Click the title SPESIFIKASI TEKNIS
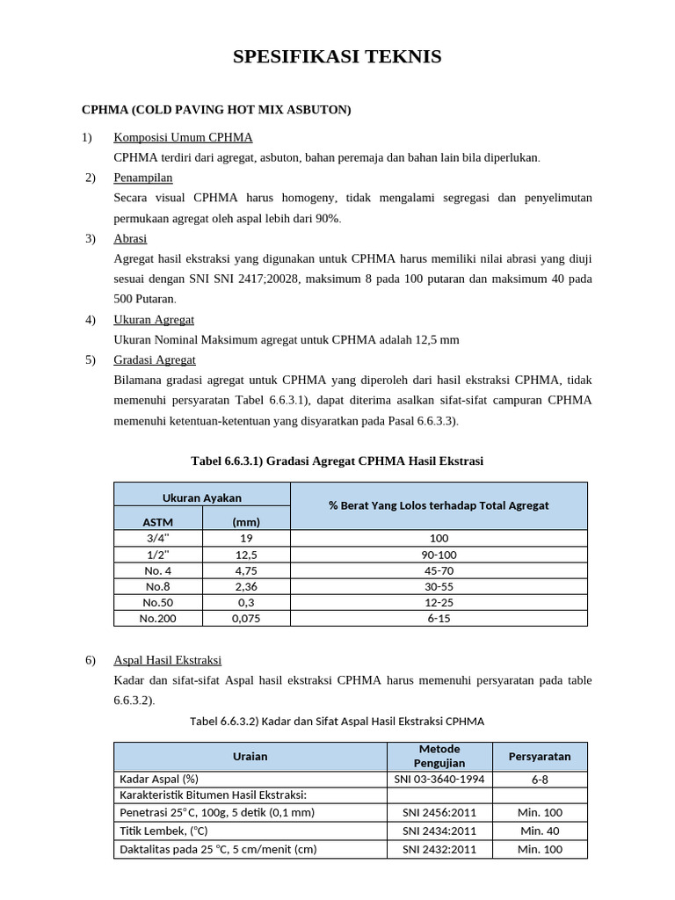(337, 58)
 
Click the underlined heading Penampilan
(142, 178)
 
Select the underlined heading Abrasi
(130, 238)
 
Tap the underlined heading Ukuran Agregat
(154, 319)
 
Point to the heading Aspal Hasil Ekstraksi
(167, 660)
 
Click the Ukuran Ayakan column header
(202, 497)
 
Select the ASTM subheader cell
(157, 521)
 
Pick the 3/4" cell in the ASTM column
(158, 538)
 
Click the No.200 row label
(158, 618)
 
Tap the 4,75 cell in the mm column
(246, 570)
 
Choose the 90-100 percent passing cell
(439, 555)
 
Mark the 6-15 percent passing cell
(439, 618)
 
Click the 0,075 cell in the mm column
(246, 618)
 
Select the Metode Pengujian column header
(439, 756)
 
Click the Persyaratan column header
(540, 756)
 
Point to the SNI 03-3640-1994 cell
(439, 779)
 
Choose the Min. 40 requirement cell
(540, 831)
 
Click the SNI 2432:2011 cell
(439, 849)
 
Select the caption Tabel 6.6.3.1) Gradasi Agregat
(337, 461)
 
